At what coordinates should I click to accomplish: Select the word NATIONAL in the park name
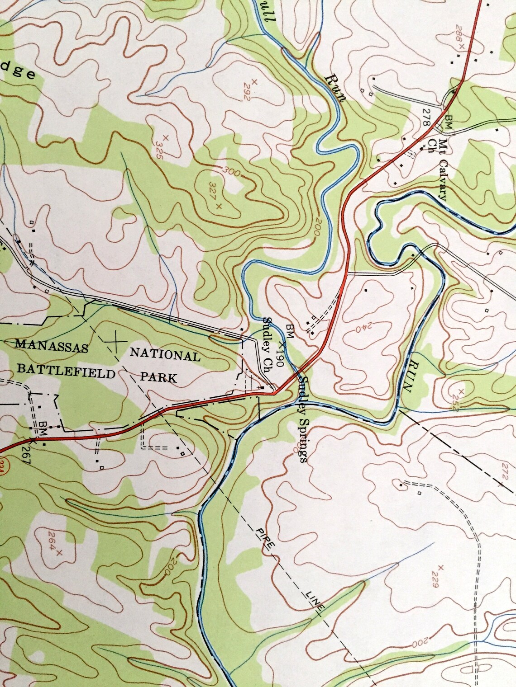tap(165, 355)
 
